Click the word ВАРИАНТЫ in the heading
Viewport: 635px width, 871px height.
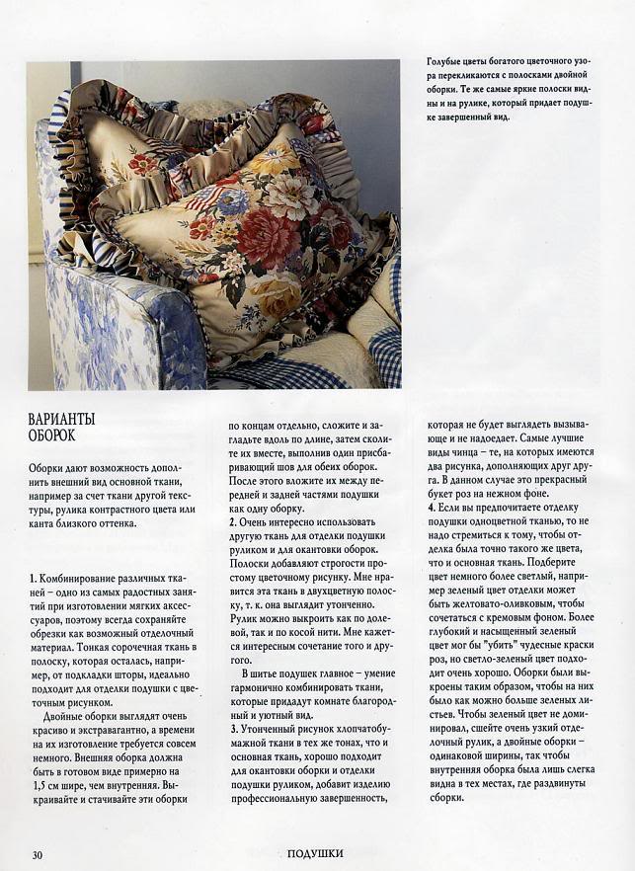pos(62,420)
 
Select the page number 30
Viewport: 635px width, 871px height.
pos(37,854)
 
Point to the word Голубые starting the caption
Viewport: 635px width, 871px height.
pos(445,61)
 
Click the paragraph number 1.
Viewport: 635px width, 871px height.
pos(32,577)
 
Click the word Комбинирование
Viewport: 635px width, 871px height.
pos(77,577)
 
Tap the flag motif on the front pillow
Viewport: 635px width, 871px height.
pos(202,199)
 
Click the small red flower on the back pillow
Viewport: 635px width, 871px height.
pos(143,163)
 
